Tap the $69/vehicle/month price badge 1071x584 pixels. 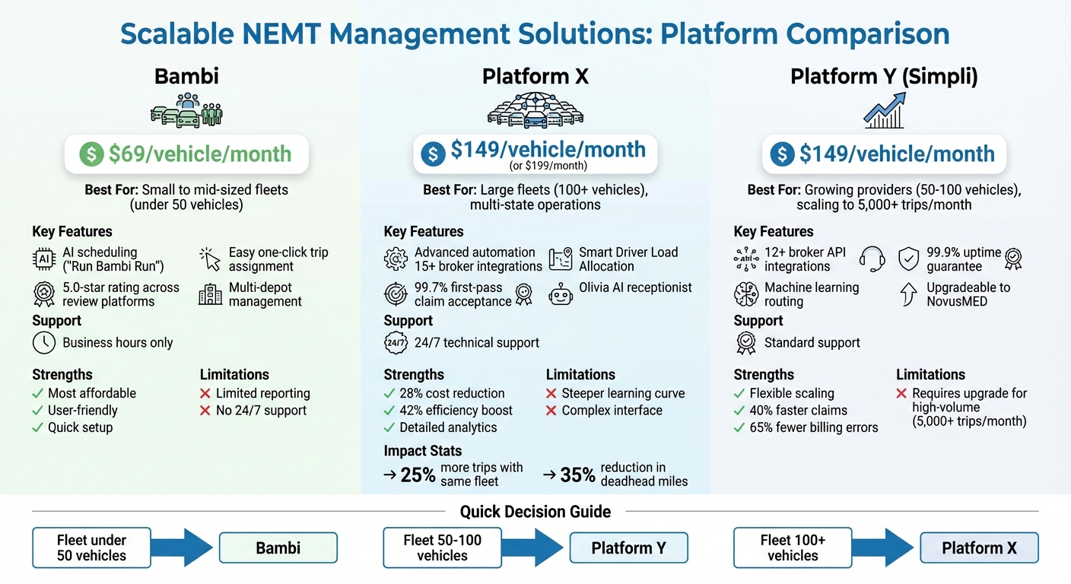click(x=186, y=154)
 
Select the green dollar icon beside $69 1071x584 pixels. click(x=91, y=154)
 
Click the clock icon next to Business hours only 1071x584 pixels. click(x=44, y=343)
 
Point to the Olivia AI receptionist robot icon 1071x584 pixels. click(x=560, y=293)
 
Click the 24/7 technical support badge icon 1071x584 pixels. click(x=396, y=343)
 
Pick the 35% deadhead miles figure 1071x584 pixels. click(x=577, y=476)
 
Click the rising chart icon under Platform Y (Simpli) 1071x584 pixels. click(x=884, y=111)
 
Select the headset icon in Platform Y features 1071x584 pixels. click(x=872, y=259)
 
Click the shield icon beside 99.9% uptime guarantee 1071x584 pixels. click(x=909, y=259)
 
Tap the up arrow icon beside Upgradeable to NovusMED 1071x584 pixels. click(x=909, y=294)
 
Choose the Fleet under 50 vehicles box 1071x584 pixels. click(x=92, y=548)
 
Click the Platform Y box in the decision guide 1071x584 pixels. click(x=628, y=548)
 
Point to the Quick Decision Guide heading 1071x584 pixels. click(x=535, y=512)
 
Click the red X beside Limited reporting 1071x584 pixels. click(x=205, y=394)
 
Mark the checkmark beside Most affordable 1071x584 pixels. click(x=37, y=394)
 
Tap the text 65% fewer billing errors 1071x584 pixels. click(x=814, y=427)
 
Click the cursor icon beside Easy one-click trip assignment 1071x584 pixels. click(x=209, y=259)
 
